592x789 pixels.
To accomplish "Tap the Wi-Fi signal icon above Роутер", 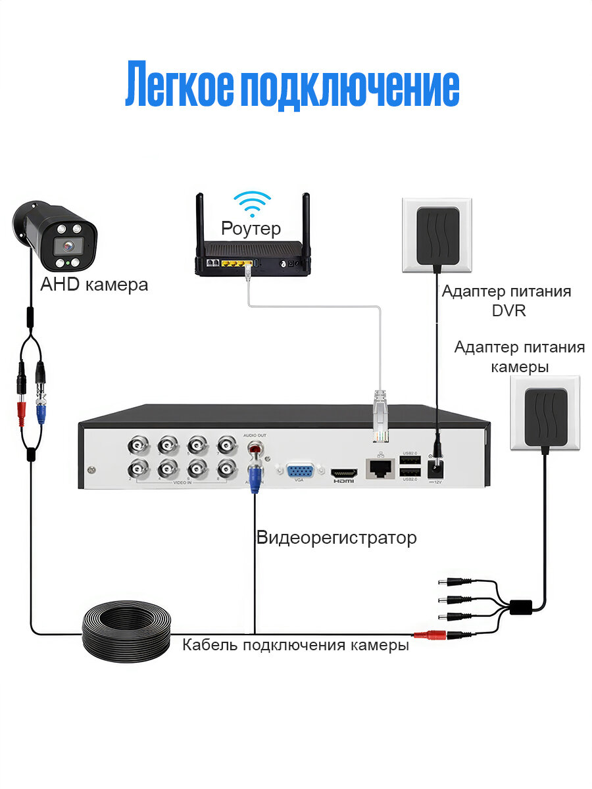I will click(x=253, y=204).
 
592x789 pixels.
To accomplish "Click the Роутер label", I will click(x=251, y=228).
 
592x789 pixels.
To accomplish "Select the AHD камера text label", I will click(x=94, y=285).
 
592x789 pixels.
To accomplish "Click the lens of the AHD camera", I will click(x=66, y=247).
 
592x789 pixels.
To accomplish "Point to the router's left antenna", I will click(x=199, y=224).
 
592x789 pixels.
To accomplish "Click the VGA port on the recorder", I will click(x=299, y=473).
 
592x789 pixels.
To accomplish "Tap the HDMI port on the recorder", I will click(x=343, y=473).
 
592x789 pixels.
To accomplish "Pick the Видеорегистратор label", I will click(x=336, y=538).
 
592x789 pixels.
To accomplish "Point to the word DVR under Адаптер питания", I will click(x=508, y=310).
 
